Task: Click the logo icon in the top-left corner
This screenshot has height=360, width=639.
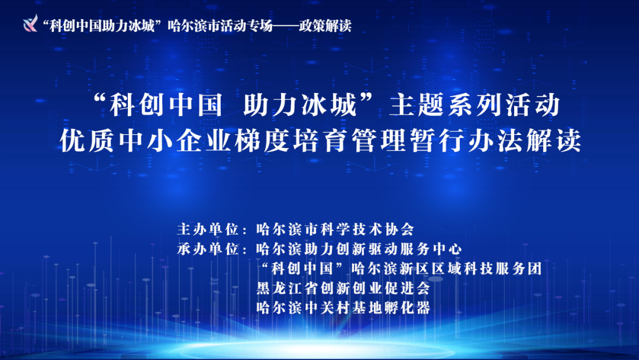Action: [x=30, y=23]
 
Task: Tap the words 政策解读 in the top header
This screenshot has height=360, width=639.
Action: [x=325, y=25]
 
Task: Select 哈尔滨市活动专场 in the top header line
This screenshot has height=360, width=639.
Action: [x=220, y=25]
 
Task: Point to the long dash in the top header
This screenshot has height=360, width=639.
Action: [x=286, y=25]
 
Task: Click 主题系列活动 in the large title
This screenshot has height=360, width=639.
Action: [x=475, y=105]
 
